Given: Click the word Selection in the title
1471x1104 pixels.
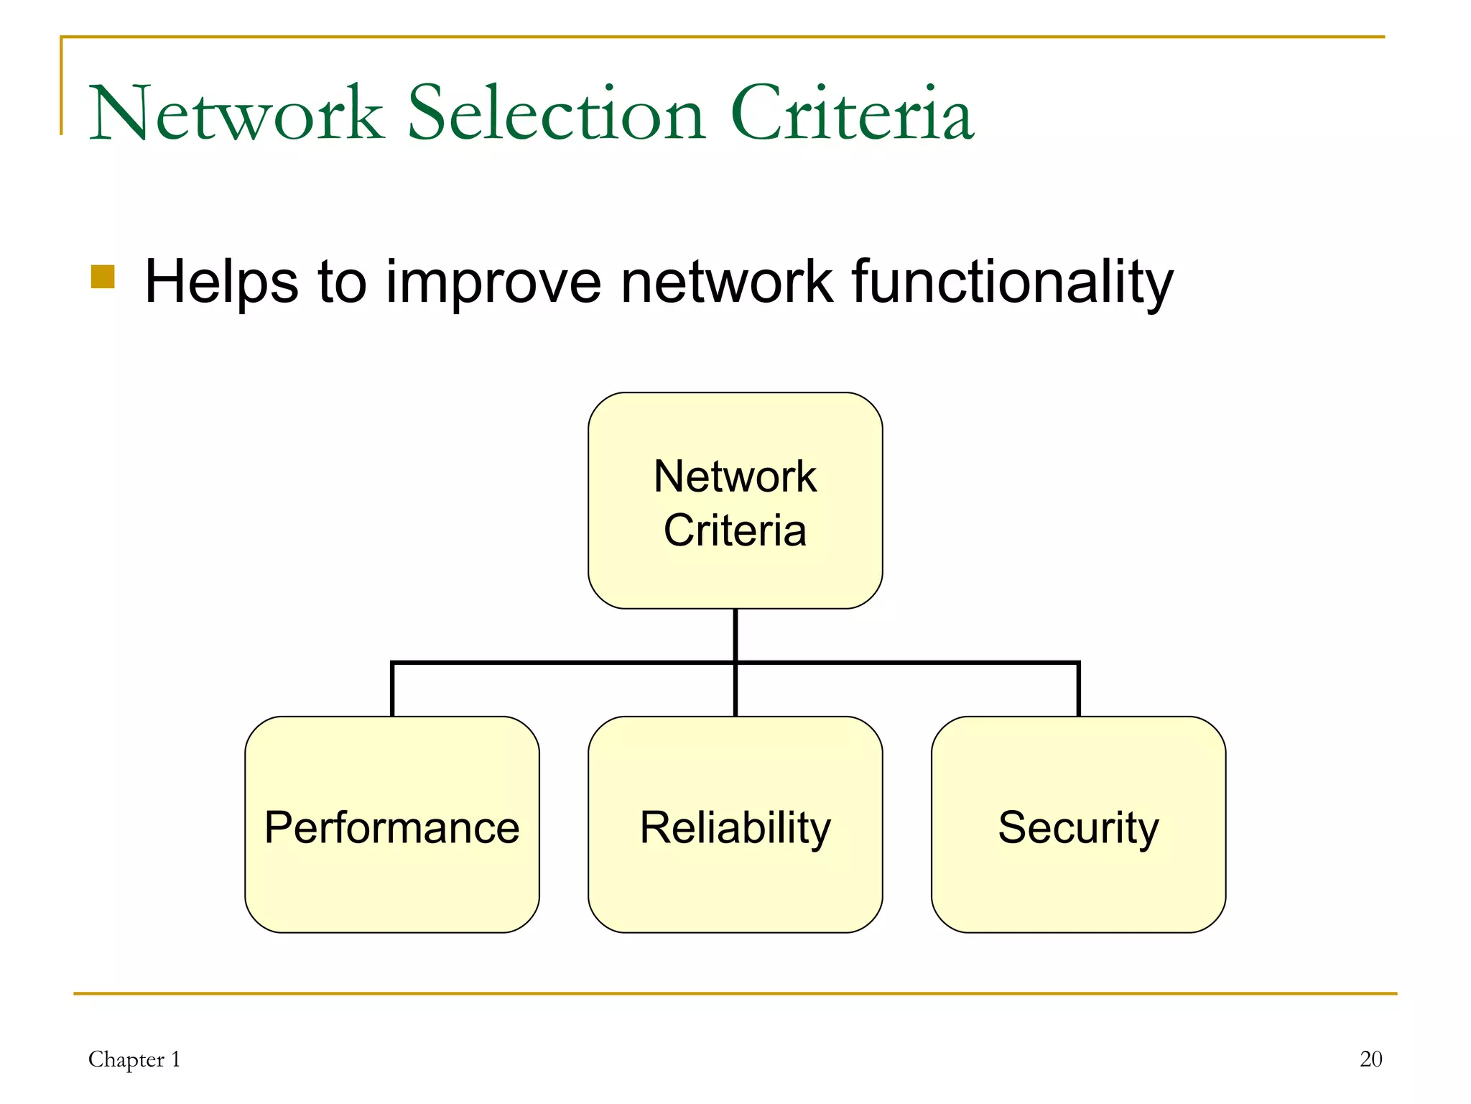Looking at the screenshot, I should [x=557, y=114].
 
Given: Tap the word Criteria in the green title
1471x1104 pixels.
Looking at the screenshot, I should [x=852, y=114].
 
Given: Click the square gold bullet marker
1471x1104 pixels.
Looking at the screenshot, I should [x=103, y=277].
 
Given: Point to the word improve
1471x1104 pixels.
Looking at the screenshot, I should [x=493, y=282].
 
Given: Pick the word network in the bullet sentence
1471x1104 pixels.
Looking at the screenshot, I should [x=726, y=282].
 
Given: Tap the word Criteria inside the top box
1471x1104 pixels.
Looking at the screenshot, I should [x=735, y=530].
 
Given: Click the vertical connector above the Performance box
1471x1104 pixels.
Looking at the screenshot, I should [x=392, y=690].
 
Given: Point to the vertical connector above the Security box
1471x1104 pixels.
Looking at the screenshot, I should [x=1078, y=690].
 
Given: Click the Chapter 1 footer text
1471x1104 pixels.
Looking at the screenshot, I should [x=134, y=1059].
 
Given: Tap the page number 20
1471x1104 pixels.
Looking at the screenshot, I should [x=1370, y=1059].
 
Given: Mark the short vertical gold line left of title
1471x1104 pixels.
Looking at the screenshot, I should [x=62, y=86].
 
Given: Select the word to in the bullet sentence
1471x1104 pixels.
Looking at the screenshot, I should [x=342, y=282].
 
